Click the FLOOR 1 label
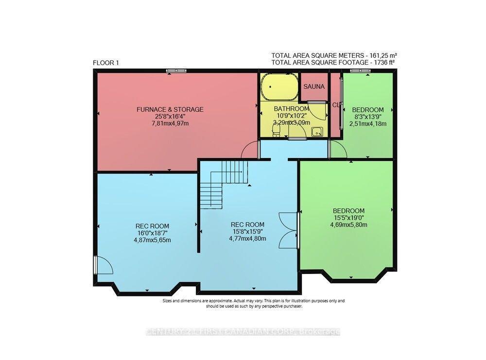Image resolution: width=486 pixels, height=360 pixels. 105,63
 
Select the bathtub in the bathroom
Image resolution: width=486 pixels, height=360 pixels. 278,87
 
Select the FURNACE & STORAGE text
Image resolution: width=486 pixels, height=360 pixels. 170,109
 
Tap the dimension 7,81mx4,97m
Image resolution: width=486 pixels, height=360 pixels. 170,124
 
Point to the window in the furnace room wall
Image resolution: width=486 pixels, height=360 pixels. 176,71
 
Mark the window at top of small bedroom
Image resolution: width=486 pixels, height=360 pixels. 361,71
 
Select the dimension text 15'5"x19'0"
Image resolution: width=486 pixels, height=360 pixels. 348,218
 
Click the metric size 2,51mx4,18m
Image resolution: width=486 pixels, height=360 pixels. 368,124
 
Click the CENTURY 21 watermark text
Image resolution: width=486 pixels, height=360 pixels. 243,332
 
